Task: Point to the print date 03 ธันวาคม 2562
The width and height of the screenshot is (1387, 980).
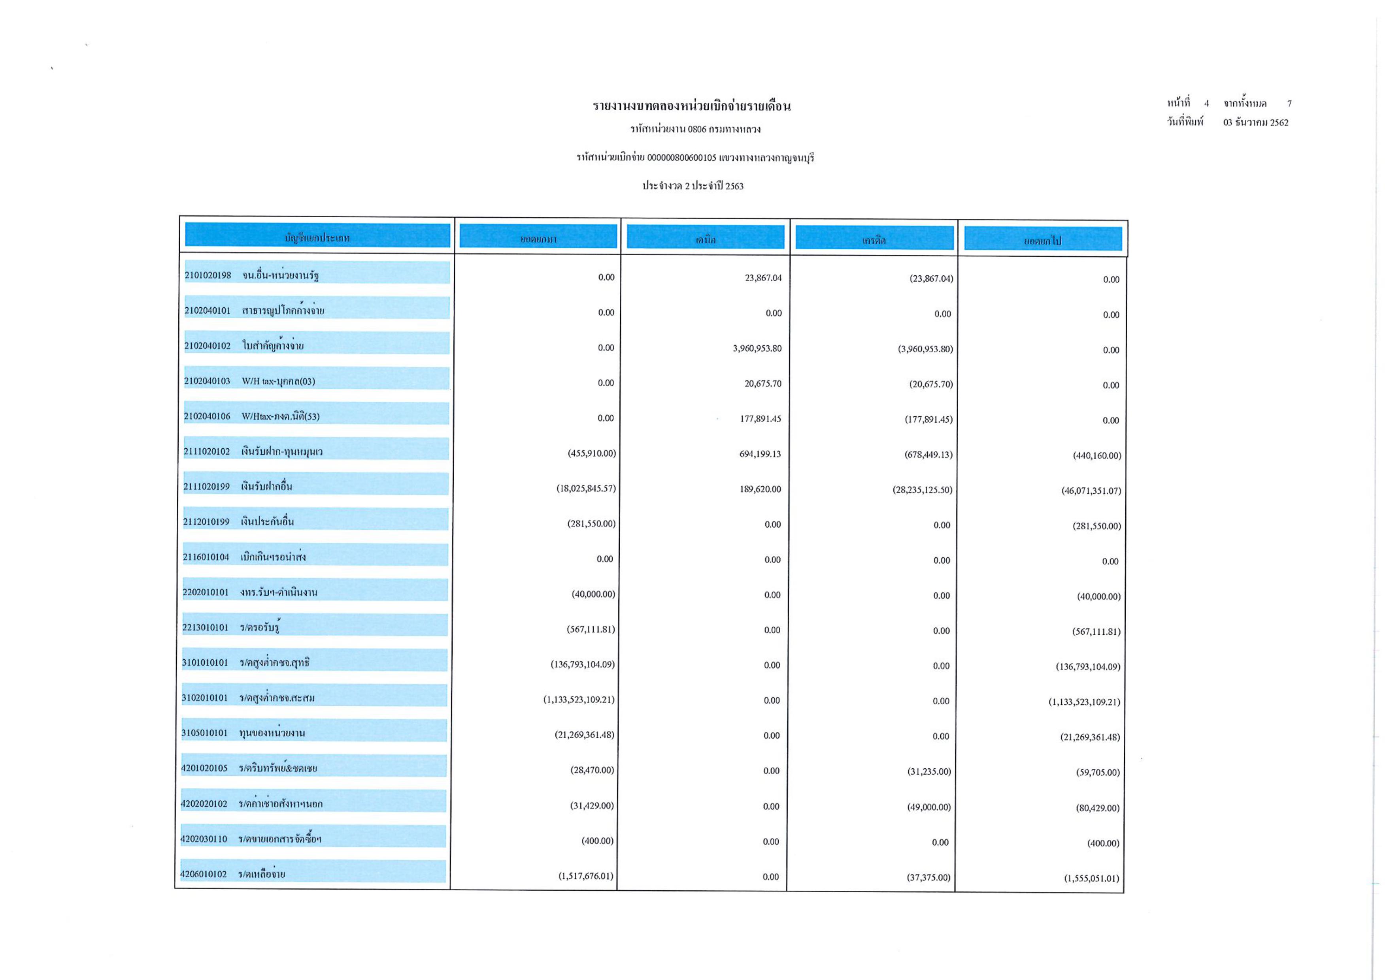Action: point(1255,122)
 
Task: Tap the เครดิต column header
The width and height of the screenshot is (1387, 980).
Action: point(874,240)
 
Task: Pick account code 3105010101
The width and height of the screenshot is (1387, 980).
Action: point(205,733)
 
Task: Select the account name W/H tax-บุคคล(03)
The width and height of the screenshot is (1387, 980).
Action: point(279,381)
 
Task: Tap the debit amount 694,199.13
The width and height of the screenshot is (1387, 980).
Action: point(760,454)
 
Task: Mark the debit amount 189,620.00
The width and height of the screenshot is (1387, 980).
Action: point(760,489)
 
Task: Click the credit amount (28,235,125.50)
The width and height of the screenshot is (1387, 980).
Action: point(923,490)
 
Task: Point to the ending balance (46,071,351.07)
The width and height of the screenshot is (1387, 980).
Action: point(1091,491)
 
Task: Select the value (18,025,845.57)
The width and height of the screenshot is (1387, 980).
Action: point(586,488)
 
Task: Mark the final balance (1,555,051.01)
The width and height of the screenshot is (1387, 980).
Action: point(1091,878)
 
